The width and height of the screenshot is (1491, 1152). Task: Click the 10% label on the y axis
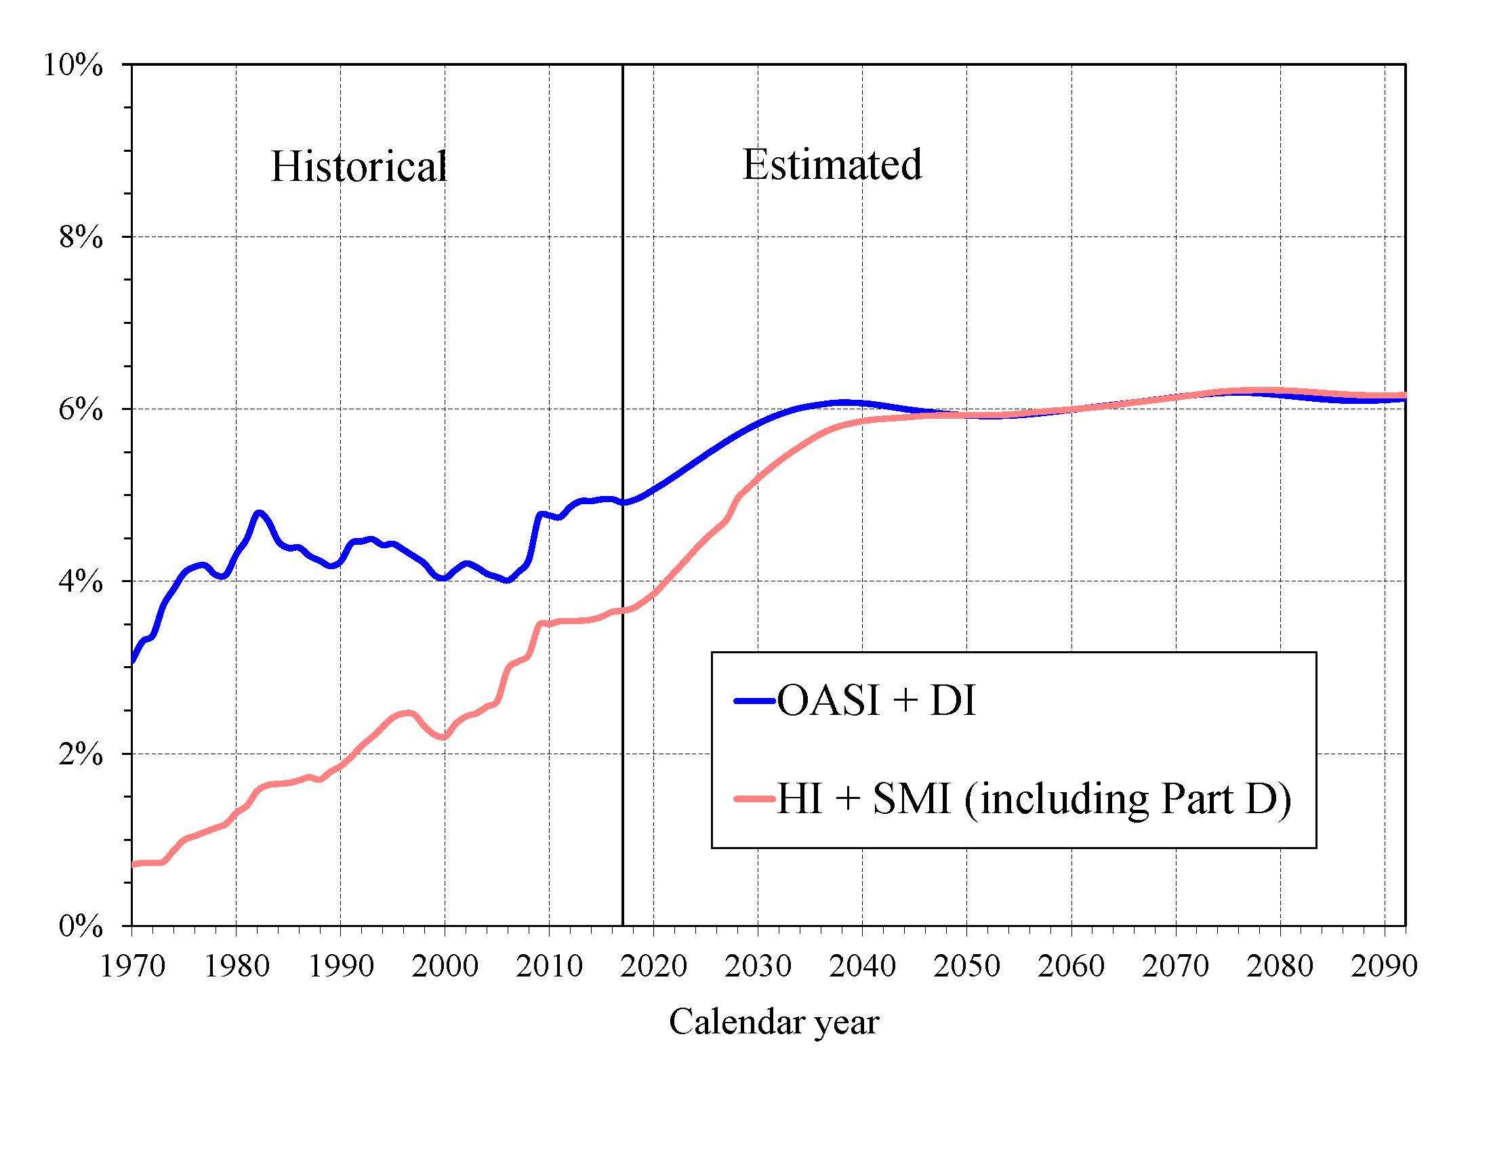click(73, 66)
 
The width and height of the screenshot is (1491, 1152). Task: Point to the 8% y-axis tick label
click(81, 237)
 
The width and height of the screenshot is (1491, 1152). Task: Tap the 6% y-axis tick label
click(81, 410)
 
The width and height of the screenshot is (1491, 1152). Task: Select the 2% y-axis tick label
click(81, 754)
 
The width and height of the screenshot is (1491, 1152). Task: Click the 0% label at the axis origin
click(81, 927)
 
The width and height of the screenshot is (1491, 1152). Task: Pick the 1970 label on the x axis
click(132, 966)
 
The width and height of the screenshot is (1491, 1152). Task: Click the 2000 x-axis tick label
click(445, 966)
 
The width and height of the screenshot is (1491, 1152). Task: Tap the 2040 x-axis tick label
click(862, 966)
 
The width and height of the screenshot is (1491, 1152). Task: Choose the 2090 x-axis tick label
click(1384, 966)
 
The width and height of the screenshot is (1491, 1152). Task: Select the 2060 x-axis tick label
click(1071, 966)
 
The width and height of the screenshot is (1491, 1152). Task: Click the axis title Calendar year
click(773, 1023)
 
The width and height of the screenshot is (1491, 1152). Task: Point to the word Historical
click(359, 166)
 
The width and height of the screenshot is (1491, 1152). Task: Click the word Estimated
click(832, 165)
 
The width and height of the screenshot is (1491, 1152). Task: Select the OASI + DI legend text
click(876, 701)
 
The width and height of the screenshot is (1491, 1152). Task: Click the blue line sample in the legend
click(755, 701)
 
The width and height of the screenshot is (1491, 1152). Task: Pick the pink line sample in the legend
click(755, 798)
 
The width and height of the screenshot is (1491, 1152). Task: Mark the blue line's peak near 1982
click(259, 512)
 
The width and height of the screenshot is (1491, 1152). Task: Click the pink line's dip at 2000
click(444, 737)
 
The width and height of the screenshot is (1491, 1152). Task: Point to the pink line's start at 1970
click(134, 865)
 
